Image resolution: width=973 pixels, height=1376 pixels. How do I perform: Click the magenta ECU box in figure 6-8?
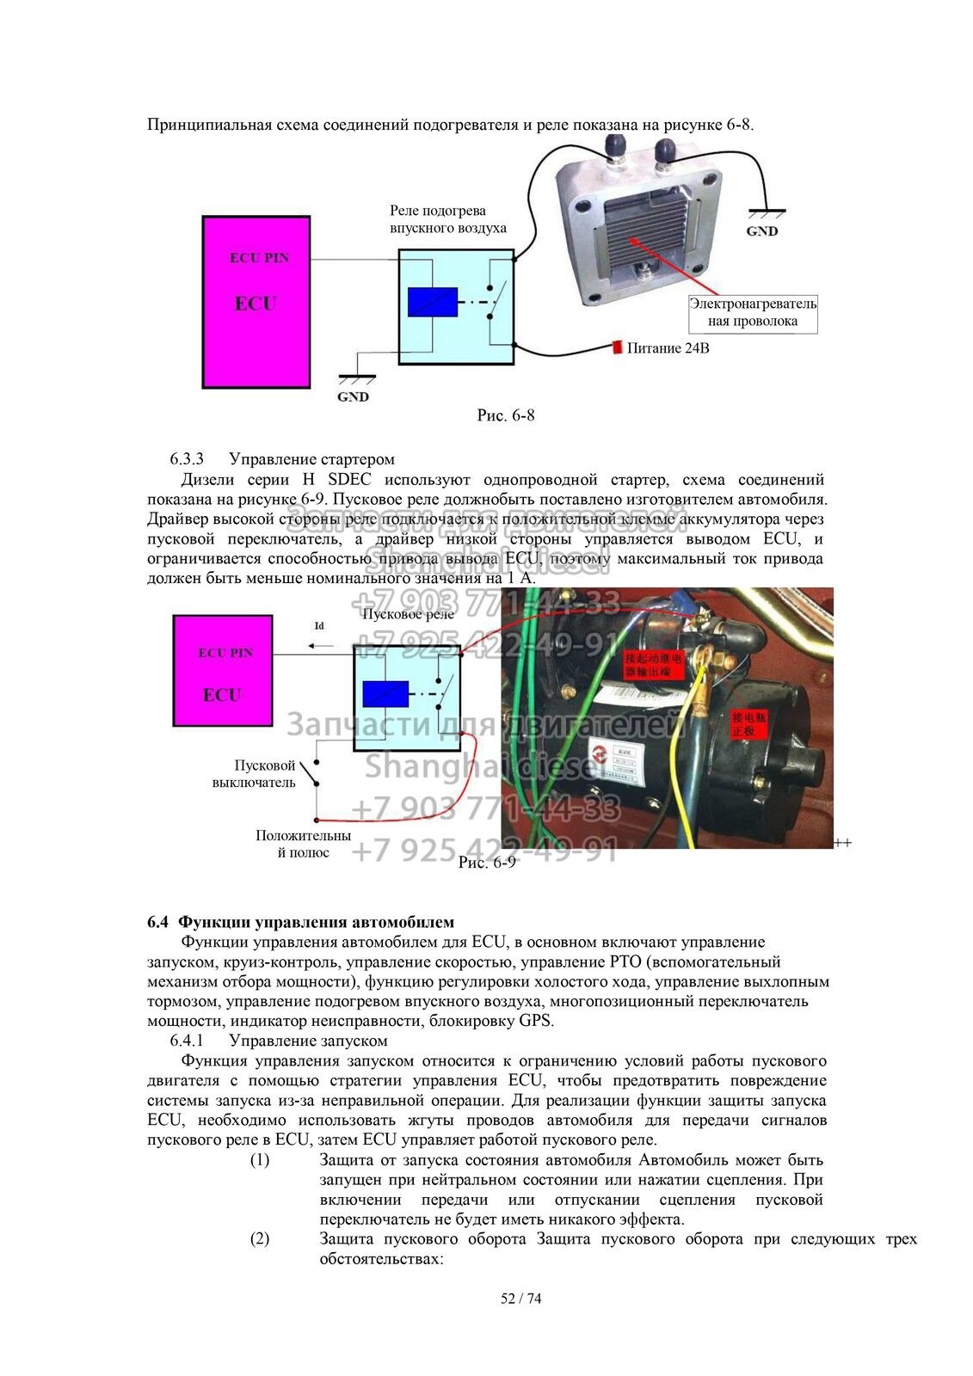(256, 302)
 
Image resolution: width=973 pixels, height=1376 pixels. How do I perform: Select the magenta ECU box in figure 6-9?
(223, 671)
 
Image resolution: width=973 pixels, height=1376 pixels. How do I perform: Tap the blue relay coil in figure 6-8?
(432, 302)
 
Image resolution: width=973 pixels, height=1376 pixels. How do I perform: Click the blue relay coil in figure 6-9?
(385, 693)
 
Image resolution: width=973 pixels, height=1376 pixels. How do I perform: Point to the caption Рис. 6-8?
(506, 415)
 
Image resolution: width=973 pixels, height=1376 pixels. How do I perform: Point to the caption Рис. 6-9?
(487, 862)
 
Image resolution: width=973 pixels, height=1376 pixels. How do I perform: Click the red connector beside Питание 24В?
(617, 347)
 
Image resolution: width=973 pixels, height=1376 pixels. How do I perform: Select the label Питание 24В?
(668, 348)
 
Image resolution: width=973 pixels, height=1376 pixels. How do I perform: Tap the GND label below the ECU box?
(353, 396)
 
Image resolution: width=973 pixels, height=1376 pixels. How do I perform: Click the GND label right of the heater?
(762, 230)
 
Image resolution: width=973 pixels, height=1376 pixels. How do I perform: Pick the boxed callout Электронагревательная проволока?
(753, 312)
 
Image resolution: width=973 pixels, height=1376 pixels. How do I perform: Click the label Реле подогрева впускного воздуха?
(447, 219)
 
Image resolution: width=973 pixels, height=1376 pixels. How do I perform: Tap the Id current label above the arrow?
(319, 626)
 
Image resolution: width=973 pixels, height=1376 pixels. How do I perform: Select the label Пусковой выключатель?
(255, 774)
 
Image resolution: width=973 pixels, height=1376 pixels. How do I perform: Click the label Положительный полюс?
(303, 844)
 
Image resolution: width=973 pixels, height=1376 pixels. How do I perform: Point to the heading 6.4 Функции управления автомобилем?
(301, 922)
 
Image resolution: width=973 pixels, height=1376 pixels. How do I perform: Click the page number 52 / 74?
(521, 1299)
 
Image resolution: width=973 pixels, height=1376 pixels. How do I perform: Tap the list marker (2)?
(260, 1238)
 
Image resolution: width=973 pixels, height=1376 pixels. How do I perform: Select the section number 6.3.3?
(187, 459)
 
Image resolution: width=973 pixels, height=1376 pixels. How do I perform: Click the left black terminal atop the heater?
(617, 147)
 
